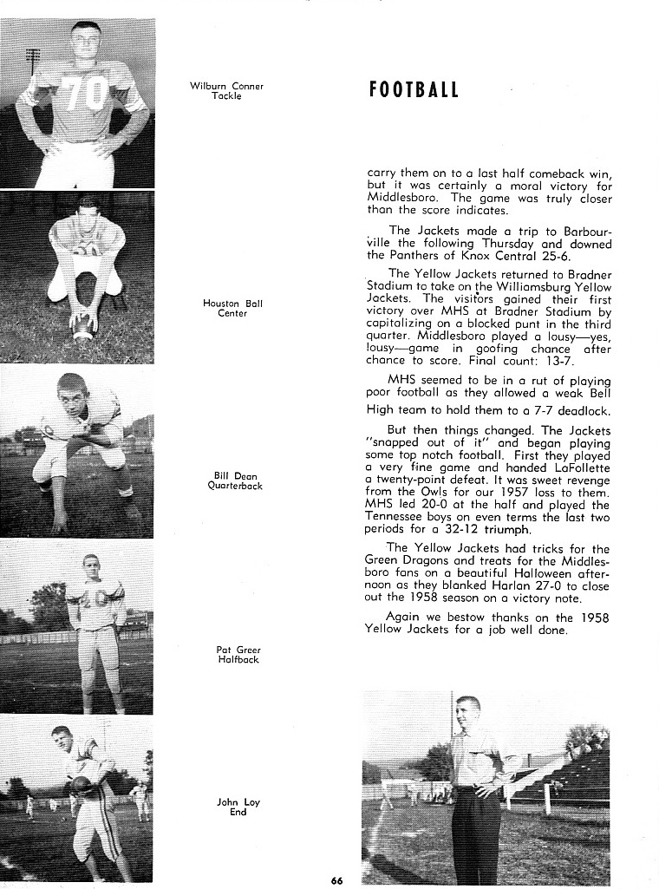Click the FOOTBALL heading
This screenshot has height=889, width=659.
(414, 90)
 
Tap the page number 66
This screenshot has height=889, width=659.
(336, 881)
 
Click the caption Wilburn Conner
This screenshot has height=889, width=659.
(226, 86)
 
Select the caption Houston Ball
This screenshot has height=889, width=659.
(232, 304)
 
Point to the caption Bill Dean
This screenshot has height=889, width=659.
(235, 475)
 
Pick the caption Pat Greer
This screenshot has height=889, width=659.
(238, 650)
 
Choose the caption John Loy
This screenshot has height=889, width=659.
(238, 802)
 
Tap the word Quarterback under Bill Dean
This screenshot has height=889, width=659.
(235, 486)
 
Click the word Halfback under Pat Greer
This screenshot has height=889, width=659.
(238, 660)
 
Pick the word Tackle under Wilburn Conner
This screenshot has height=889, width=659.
(226, 95)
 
